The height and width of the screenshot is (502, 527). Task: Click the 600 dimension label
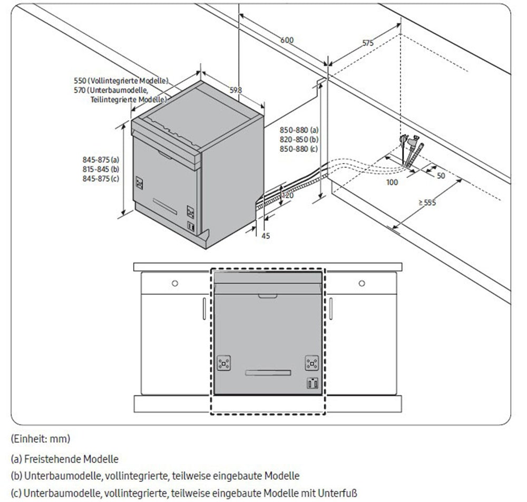[287, 40]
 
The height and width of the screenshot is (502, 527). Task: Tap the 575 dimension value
[368, 43]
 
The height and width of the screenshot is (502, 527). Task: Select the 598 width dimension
[236, 90]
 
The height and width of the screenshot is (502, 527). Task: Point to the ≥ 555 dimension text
[427, 202]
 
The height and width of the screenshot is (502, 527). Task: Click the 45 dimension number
[266, 236]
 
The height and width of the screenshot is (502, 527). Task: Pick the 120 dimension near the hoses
[287, 195]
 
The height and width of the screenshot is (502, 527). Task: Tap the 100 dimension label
[392, 182]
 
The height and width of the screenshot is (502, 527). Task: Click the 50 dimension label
[441, 176]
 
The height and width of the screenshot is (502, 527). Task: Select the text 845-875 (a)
[101, 160]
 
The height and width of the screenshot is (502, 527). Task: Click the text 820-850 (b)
[299, 139]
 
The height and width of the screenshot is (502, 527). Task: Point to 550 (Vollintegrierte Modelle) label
[121, 81]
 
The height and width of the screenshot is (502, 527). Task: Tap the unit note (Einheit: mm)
[41, 438]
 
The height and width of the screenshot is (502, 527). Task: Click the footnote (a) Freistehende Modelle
[64, 459]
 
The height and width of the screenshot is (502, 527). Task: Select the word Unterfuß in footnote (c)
[337, 493]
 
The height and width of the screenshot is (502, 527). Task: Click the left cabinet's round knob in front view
[175, 284]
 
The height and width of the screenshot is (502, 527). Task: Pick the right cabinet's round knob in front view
[362, 284]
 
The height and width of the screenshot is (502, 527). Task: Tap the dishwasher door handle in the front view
[268, 296]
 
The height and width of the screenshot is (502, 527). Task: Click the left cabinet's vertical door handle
[204, 308]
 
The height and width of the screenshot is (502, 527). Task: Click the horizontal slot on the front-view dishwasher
[268, 373]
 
